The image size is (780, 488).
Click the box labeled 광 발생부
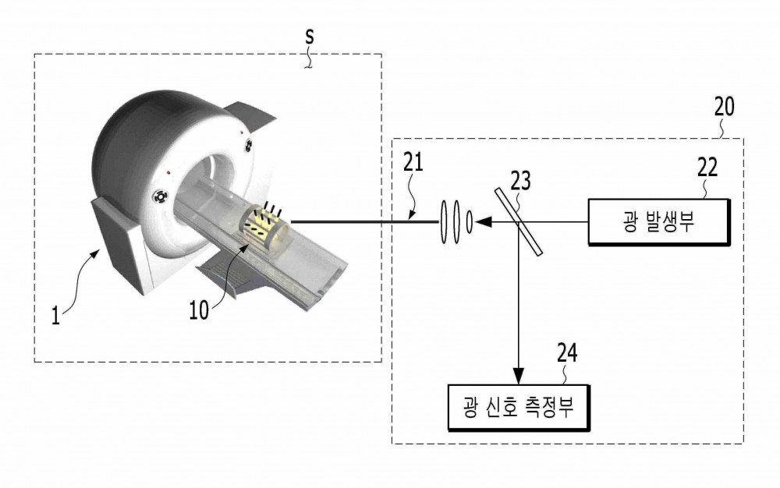pos(659,221)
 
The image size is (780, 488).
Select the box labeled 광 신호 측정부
pos(519,407)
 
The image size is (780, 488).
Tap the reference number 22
pos(707,168)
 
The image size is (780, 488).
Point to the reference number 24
pos(567,353)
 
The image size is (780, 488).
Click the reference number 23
pos(520,182)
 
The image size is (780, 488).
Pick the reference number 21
pos(413,162)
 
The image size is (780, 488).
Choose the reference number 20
pos(724,106)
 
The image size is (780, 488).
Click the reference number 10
pos(199,310)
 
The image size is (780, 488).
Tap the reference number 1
pos(55,315)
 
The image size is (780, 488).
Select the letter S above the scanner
pos(310,37)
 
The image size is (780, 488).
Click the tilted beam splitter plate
pos(519,221)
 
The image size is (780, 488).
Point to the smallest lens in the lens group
pos(469,222)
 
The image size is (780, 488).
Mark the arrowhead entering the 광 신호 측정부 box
pos(519,377)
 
